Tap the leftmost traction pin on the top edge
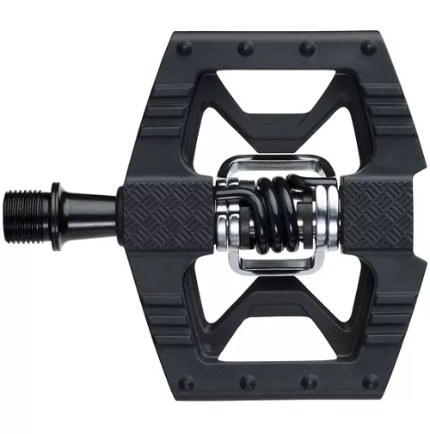coord(184,46)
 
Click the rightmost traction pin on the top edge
coord(367,46)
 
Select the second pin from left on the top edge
coord(246,46)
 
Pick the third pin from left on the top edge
coord(308,46)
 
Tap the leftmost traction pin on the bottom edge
coord(184,382)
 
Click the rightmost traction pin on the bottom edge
coord(367,382)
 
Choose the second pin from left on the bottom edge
coord(246,382)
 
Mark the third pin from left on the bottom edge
coord(308,382)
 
